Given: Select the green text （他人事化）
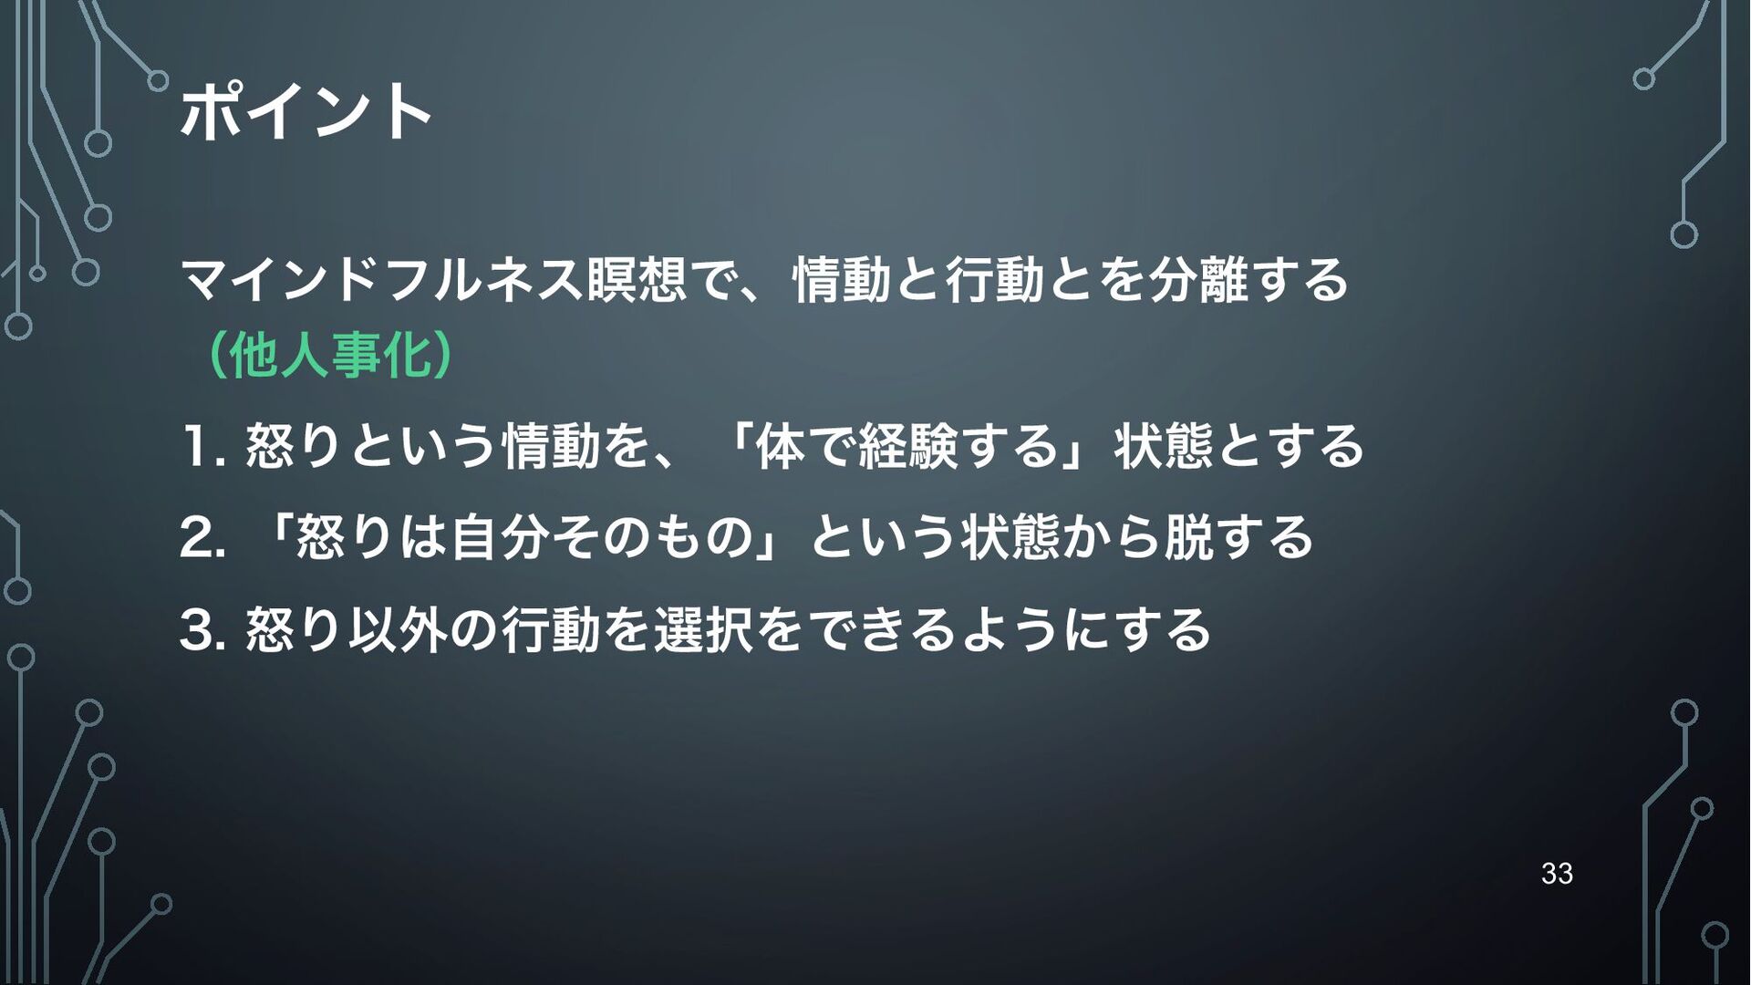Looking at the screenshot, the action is point(327,356).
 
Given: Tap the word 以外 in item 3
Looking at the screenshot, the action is point(398,630).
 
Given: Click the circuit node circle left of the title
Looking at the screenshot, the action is point(158,80).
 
